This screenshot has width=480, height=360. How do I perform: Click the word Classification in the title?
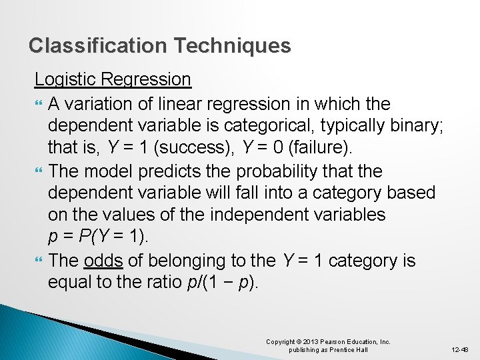tap(98, 46)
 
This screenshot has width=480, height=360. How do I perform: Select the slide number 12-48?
tap(459, 349)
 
